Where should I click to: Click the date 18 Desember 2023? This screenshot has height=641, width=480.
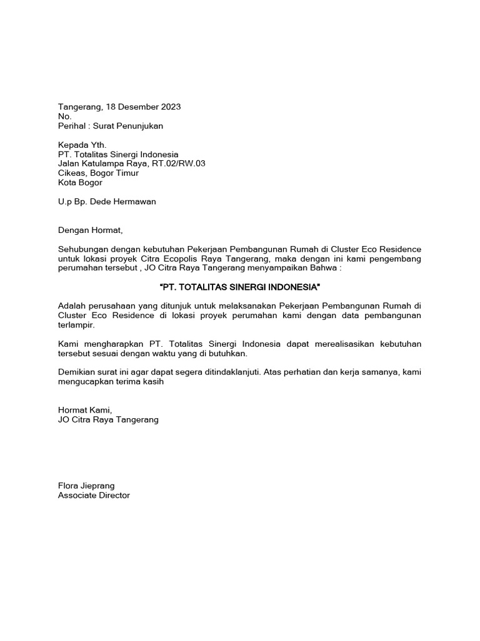144,107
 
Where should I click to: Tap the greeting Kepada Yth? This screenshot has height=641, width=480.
82,145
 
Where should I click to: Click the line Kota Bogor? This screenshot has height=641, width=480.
80,183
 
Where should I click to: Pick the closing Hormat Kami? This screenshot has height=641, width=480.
84,411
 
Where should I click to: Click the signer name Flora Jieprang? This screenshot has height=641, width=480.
86,486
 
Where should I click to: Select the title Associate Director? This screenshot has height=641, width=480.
94,495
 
